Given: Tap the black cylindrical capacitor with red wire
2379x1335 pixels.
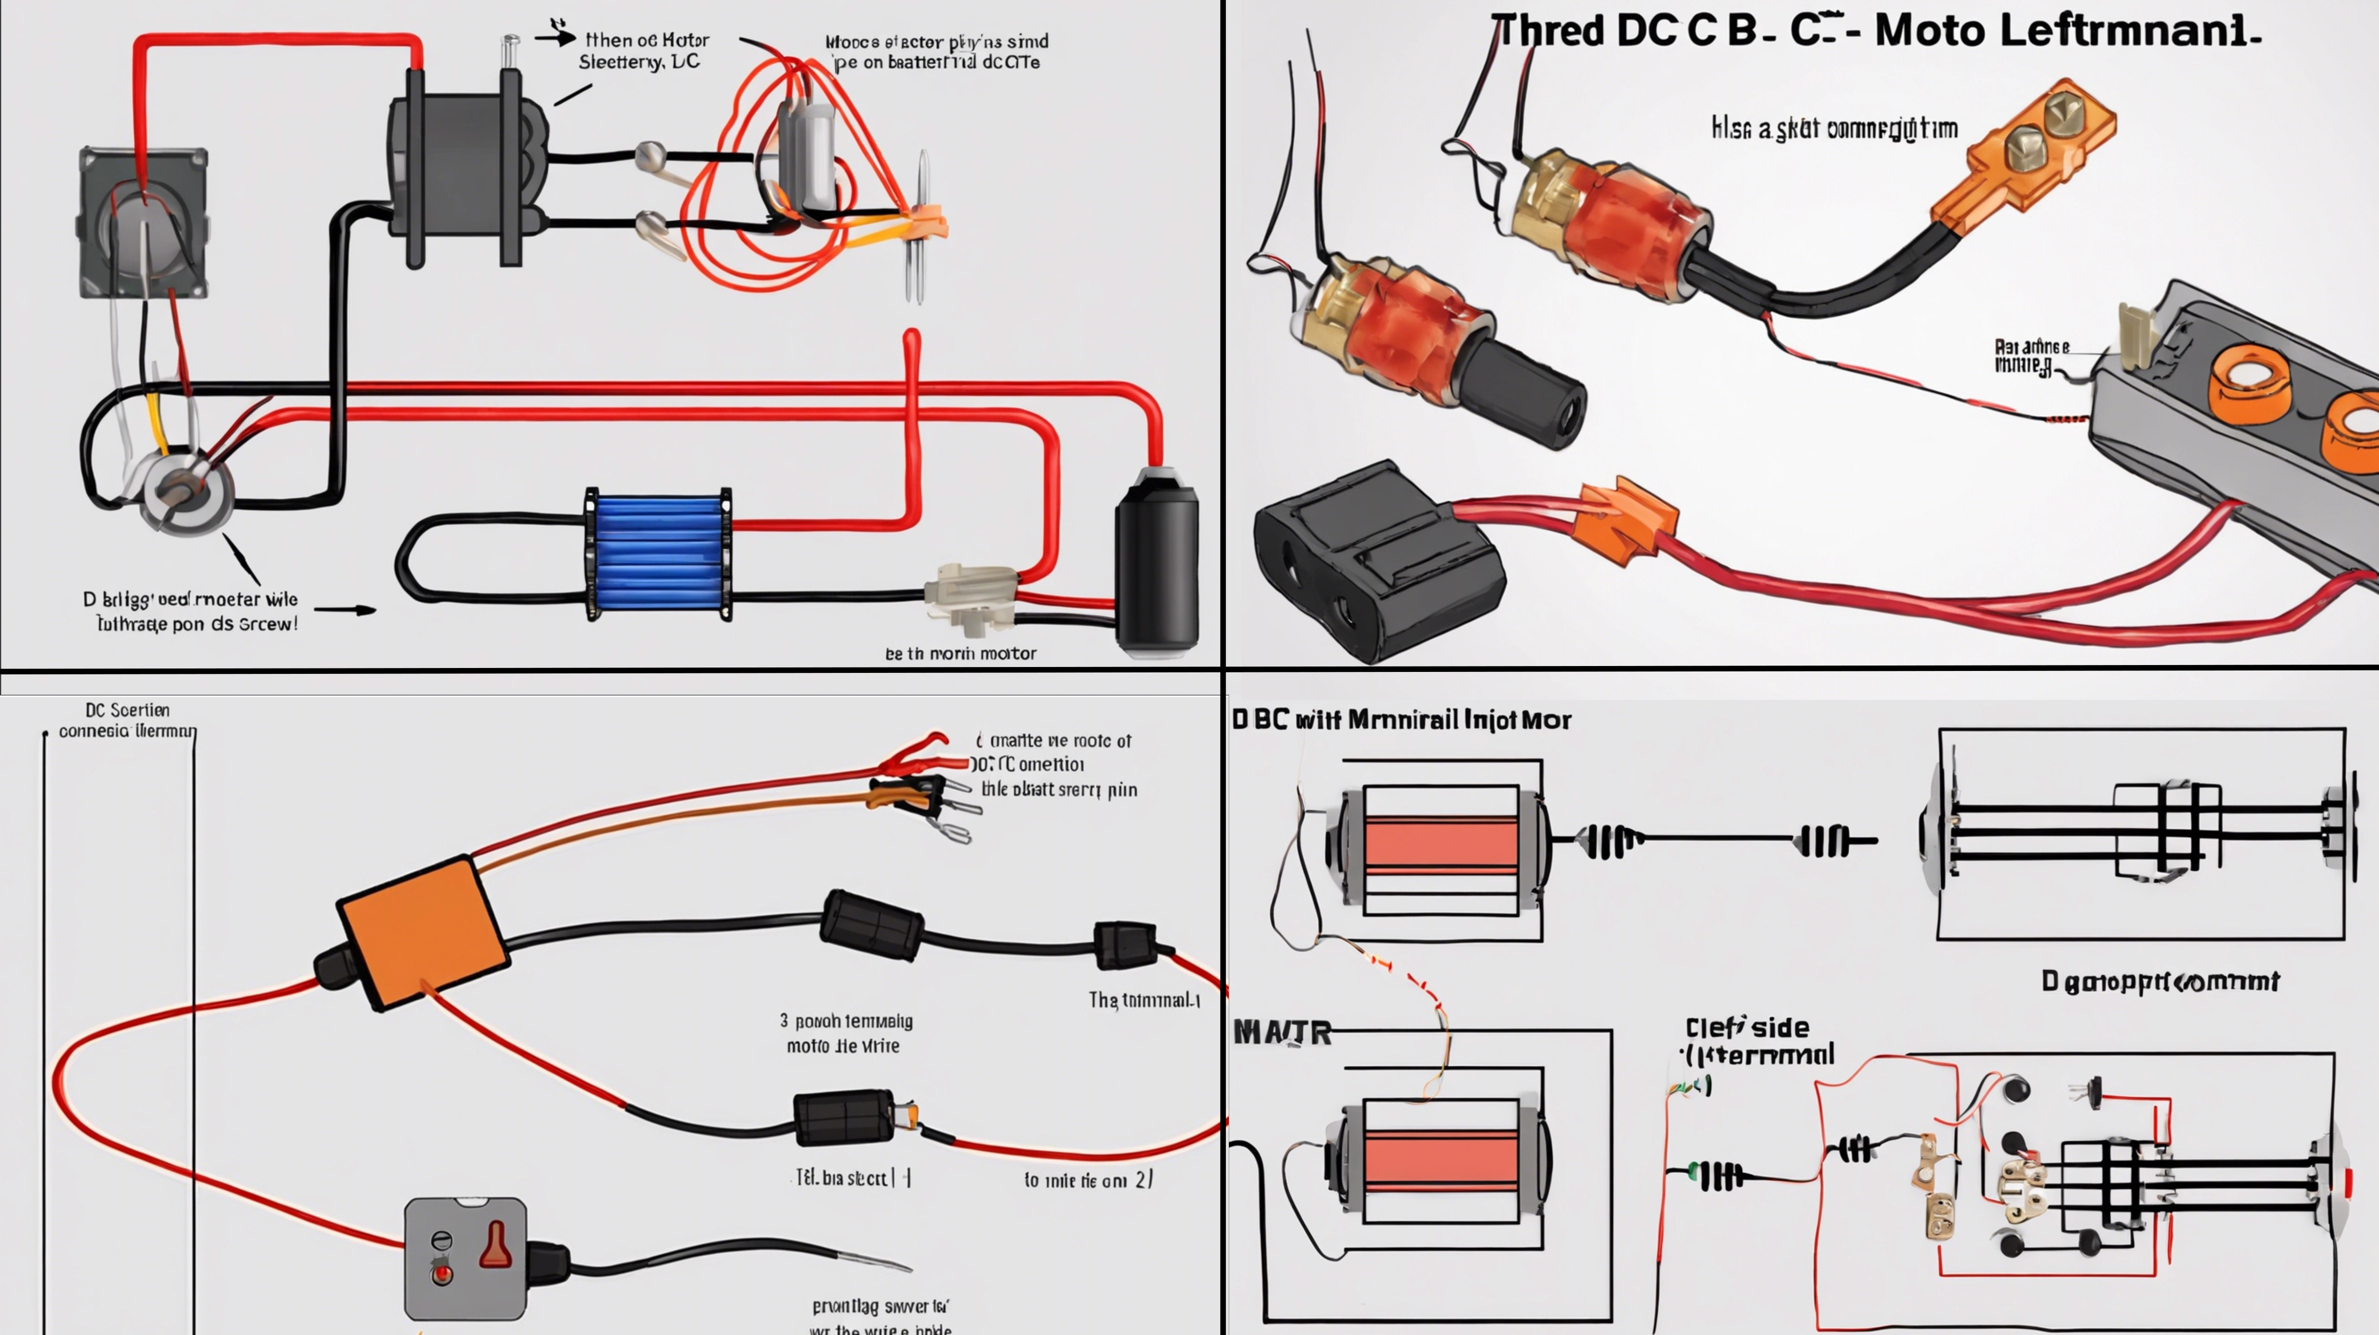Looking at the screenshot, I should (1156, 563).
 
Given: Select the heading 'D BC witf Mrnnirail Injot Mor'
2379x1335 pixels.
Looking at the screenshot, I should (1401, 720).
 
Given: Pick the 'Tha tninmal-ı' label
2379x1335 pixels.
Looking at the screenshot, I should (1143, 1000).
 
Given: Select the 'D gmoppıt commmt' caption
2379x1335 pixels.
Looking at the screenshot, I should (2159, 980).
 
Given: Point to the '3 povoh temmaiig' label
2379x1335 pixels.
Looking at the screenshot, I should (846, 1021).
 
